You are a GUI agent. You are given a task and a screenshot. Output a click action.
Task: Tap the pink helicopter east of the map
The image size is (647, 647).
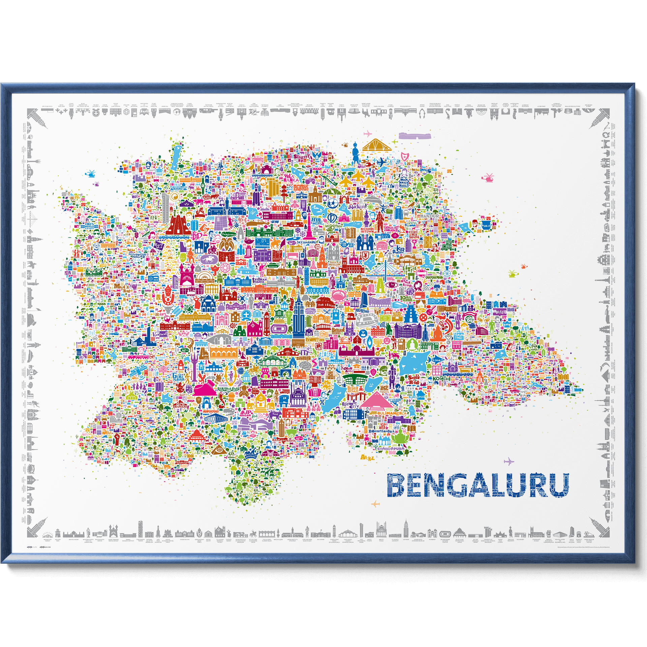pyautogui.click(x=488, y=177)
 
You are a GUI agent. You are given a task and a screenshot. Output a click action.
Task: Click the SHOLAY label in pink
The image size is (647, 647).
pyautogui.click(x=391, y=228)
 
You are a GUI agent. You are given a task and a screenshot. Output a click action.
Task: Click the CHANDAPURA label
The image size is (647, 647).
pyautogui.click(x=390, y=449)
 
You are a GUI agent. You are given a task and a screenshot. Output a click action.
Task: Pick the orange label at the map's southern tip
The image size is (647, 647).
pyautogui.click(x=368, y=457)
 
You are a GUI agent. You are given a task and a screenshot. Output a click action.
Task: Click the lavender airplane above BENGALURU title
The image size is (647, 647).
pyautogui.click(x=509, y=461)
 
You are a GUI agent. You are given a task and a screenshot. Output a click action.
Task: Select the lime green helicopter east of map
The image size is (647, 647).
pyautogui.click(x=512, y=274)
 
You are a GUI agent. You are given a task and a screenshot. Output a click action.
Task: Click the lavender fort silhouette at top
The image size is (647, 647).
pyautogui.click(x=414, y=136)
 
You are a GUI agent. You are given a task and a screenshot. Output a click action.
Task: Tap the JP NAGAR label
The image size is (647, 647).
pyautogui.click(x=245, y=413)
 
